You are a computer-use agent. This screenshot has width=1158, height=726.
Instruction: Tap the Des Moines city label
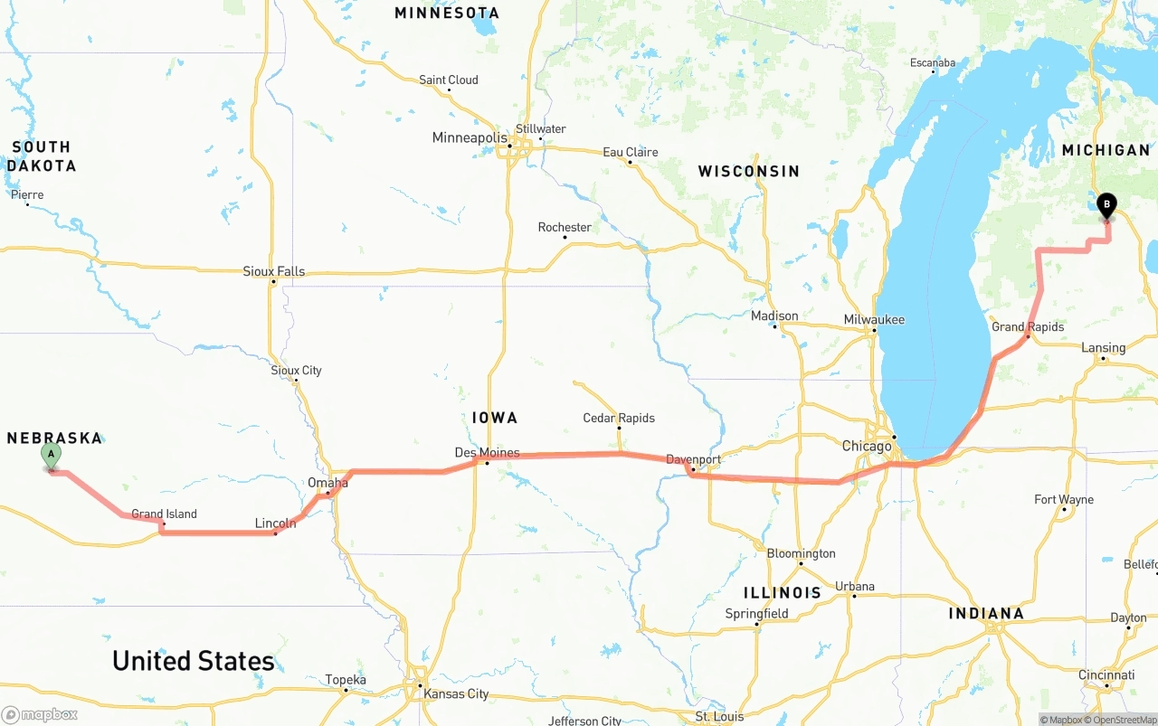coord(487,452)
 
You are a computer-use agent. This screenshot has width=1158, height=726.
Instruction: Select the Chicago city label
coord(867,446)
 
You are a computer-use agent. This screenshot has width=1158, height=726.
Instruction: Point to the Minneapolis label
coord(470,137)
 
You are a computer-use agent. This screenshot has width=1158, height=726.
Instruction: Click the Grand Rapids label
coord(1028,326)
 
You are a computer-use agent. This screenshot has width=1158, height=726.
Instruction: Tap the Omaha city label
coord(327,483)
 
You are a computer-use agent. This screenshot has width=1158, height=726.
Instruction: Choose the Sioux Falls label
coord(273,271)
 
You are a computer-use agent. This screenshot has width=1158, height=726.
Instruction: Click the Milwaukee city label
coord(874,319)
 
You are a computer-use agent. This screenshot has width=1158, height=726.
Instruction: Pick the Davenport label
coord(694,459)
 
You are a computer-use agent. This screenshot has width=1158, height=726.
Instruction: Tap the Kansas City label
coord(456,693)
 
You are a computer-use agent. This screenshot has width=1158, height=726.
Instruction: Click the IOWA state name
coord(495,417)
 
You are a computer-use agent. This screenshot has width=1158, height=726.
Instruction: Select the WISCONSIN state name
coord(748,171)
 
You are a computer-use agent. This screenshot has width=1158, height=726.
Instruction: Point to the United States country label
coord(193,661)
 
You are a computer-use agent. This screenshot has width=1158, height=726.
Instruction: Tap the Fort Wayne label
coord(1064,499)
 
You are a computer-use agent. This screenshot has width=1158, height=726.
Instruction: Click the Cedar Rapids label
coord(619,418)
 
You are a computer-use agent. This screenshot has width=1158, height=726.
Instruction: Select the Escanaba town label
coord(933,63)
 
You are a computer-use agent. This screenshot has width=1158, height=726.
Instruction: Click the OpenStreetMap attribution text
coord(1123,720)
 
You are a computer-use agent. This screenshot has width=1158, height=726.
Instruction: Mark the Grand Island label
coord(164,514)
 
